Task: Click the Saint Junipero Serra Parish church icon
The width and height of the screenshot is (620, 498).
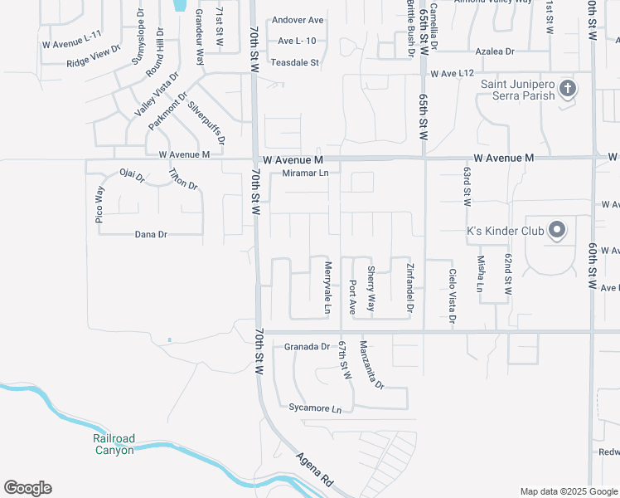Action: point(567,88)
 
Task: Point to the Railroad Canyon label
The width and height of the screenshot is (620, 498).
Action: point(114,444)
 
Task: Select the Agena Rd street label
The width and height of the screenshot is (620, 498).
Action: point(316,470)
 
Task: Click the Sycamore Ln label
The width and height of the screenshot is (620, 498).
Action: point(315,409)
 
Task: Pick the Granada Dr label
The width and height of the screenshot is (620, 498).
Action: point(307,346)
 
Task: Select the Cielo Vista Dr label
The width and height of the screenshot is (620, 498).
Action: point(452,295)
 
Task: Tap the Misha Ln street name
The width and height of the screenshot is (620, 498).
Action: point(480,274)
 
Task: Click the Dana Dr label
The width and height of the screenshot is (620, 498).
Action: point(151,235)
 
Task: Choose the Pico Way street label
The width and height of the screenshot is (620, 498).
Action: point(100,205)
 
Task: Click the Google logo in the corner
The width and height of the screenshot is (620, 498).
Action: point(27,488)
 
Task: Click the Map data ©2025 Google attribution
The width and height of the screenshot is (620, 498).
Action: point(568,491)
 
